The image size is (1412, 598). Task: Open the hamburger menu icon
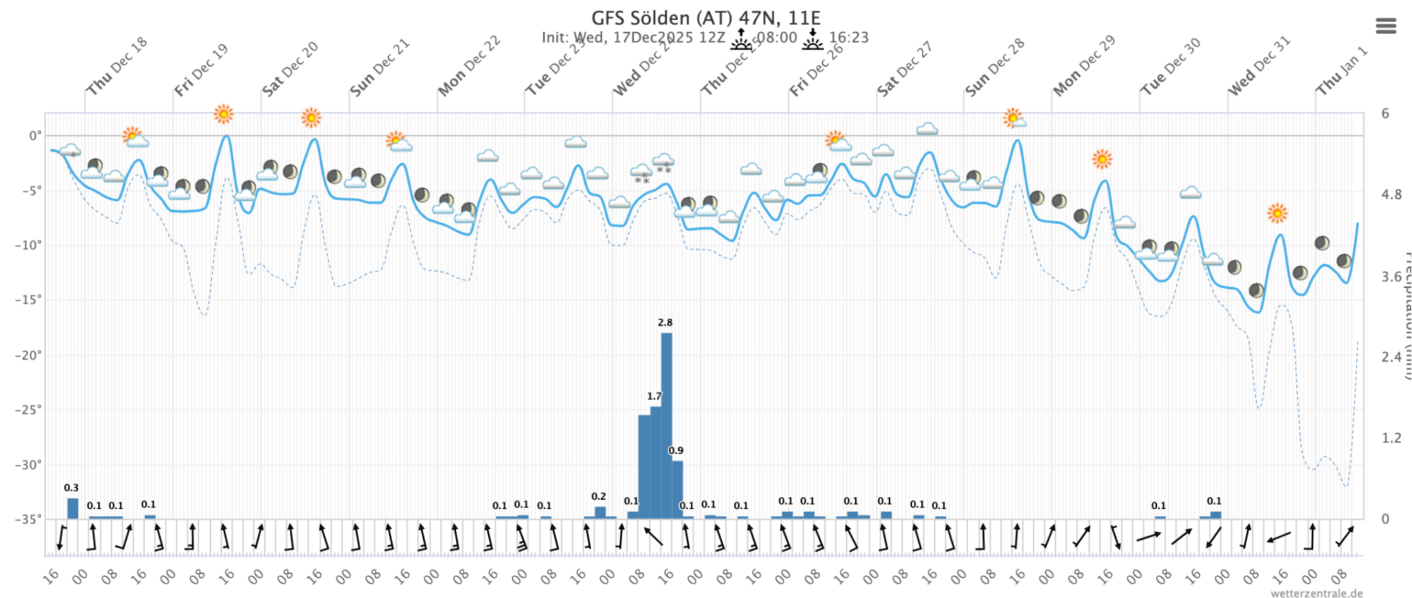pyautogui.click(x=1386, y=26)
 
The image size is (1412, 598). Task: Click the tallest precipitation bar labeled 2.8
pyautogui.click(x=666, y=424)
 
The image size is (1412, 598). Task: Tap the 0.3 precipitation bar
pyautogui.click(x=73, y=508)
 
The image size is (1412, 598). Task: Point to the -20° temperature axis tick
pyautogui.click(x=28, y=355)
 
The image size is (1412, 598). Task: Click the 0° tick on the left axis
pyautogui.click(x=34, y=136)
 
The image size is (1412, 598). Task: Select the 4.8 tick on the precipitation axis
pyautogui.click(x=1390, y=195)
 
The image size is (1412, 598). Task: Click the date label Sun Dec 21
pyautogui.click(x=380, y=68)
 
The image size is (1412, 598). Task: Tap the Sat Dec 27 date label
pyautogui.click(x=905, y=69)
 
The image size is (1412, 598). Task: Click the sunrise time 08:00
pyautogui.click(x=777, y=37)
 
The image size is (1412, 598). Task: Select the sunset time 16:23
pyautogui.click(x=849, y=37)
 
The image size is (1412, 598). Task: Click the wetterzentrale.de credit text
pyautogui.click(x=1317, y=594)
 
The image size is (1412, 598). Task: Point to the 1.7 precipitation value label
pyautogui.click(x=654, y=397)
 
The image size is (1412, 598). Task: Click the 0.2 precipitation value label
pyautogui.click(x=599, y=497)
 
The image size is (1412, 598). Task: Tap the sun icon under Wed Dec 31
pyautogui.click(x=1276, y=213)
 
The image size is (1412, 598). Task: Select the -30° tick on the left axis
pyautogui.click(x=28, y=465)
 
